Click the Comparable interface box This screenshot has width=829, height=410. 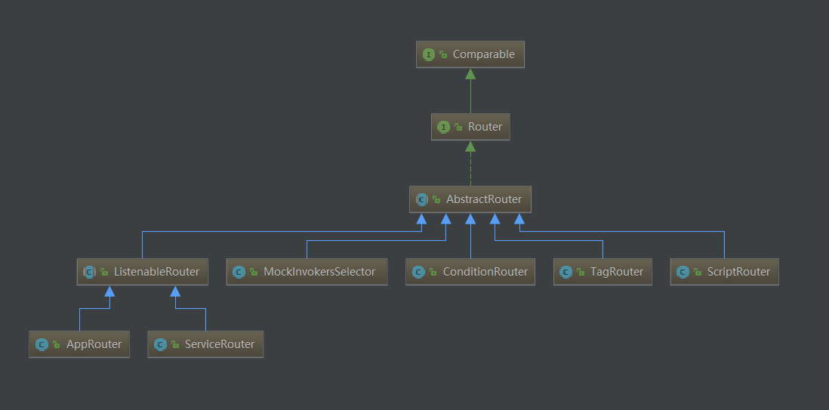click(x=470, y=54)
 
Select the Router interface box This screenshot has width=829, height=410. click(x=470, y=127)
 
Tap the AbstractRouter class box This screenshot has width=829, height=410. click(x=470, y=199)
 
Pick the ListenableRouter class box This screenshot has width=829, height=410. click(x=142, y=272)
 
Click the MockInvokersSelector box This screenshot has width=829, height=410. click(x=307, y=272)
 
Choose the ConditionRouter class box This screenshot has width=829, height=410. click(x=470, y=272)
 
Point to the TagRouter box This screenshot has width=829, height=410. click(x=602, y=272)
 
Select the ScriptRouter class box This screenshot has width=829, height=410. click(x=724, y=272)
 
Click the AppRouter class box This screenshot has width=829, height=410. click(x=79, y=344)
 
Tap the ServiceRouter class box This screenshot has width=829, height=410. click(x=205, y=344)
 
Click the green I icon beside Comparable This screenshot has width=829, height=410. click(x=429, y=54)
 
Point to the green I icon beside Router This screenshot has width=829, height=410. click(x=444, y=127)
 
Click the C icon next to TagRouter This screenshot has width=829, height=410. click(x=566, y=272)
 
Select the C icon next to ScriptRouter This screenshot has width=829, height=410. click(x=683, y=272)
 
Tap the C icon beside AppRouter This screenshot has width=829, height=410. click(x=42, y=344)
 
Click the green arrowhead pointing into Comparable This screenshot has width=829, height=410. click(x=470, y=73)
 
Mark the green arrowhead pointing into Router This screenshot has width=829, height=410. click(x=470, y=146)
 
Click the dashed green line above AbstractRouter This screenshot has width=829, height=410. click(x=470, y=169)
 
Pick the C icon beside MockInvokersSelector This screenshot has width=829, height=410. click(x=239, y=272)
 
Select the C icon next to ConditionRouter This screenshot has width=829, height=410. click(x=418, y=272)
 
